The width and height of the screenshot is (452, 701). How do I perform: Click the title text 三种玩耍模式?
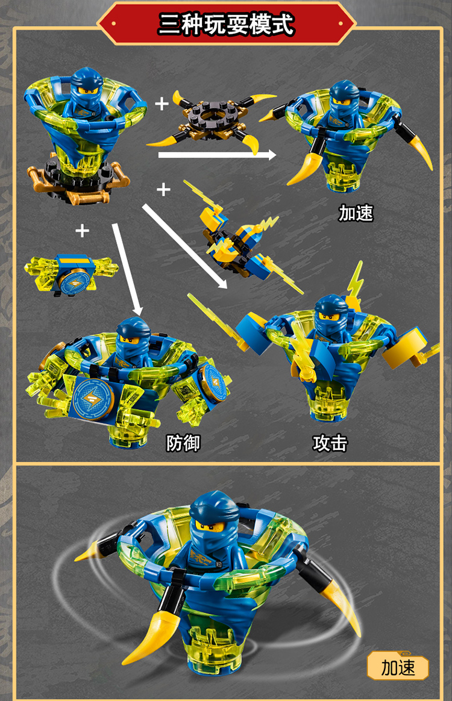[x=226, y=25]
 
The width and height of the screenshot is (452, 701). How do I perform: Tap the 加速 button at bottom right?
[x=398, y=667]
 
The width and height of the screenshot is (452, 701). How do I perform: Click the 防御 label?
[x=183, y=444]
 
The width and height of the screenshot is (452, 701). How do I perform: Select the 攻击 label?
[x=330, y=444]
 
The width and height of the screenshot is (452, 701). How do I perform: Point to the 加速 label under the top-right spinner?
[x=356, y=213]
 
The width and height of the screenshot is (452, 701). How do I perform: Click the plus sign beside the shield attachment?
[x=82, y=230]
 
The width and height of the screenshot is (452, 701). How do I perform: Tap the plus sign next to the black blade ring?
[x=162, y=104]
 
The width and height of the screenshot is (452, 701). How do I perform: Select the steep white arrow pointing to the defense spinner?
[x=127, y=268]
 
